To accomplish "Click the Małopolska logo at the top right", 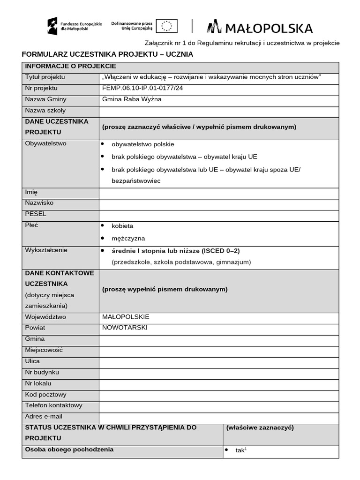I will [260, 28].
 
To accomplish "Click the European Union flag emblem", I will [167, 26].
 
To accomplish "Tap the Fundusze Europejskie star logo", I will [52, 26].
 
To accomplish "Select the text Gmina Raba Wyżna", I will [132, 99].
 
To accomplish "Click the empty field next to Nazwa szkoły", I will [218, 111].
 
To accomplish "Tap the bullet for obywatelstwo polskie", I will [102, 144].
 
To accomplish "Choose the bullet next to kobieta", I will [102, 225].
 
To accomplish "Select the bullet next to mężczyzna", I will [102, 238].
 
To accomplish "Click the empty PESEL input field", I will [218, 216].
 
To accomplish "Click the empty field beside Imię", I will [218, 193].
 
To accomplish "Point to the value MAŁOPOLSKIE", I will [126, 317].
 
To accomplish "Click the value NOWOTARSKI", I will [125, 328].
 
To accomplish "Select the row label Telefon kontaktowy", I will [53, 405].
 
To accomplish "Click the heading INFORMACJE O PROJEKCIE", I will [70, 66].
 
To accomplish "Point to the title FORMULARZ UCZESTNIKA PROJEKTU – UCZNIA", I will [107, 54].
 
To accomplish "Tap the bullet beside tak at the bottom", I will [226, 450].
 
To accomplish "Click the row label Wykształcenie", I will [46, 250].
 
